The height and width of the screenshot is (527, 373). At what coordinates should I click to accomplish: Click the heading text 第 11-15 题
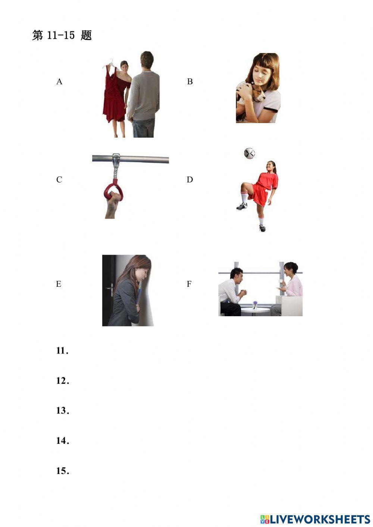click(62, 35)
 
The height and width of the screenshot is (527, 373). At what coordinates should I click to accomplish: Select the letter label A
click(59, 82)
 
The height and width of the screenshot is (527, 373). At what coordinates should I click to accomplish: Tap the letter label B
click(190, 82)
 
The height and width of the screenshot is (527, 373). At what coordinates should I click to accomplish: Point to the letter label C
click(59, 180)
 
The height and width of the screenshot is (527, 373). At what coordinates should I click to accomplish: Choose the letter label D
click(190, 180)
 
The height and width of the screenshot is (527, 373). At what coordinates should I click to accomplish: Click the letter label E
click(59, 284)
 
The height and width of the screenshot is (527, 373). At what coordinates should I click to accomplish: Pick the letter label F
click(189, 284)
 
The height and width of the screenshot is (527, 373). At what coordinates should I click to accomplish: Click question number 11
click(62, 351)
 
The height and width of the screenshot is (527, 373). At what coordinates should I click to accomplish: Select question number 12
click(62, 381)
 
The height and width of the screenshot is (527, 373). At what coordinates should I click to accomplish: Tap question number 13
click(62, 411)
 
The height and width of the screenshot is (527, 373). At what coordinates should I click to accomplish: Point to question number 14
click(62, 441)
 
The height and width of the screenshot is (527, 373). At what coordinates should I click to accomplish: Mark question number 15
click(62, 471)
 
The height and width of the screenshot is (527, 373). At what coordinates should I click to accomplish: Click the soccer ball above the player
click(249, 153)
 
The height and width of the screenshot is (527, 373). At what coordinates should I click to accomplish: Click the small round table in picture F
click(255, 310)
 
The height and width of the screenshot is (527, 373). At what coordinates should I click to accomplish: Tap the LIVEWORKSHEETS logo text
click(320, 519)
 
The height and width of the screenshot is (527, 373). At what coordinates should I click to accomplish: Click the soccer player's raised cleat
click(241, 206)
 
